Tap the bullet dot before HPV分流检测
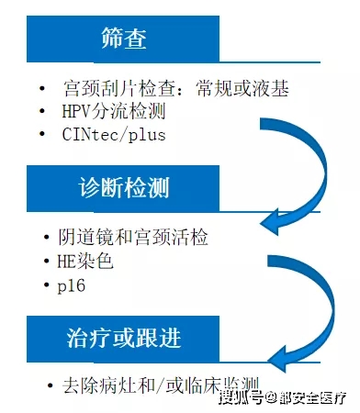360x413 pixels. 42,112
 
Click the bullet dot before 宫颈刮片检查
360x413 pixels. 42,89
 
